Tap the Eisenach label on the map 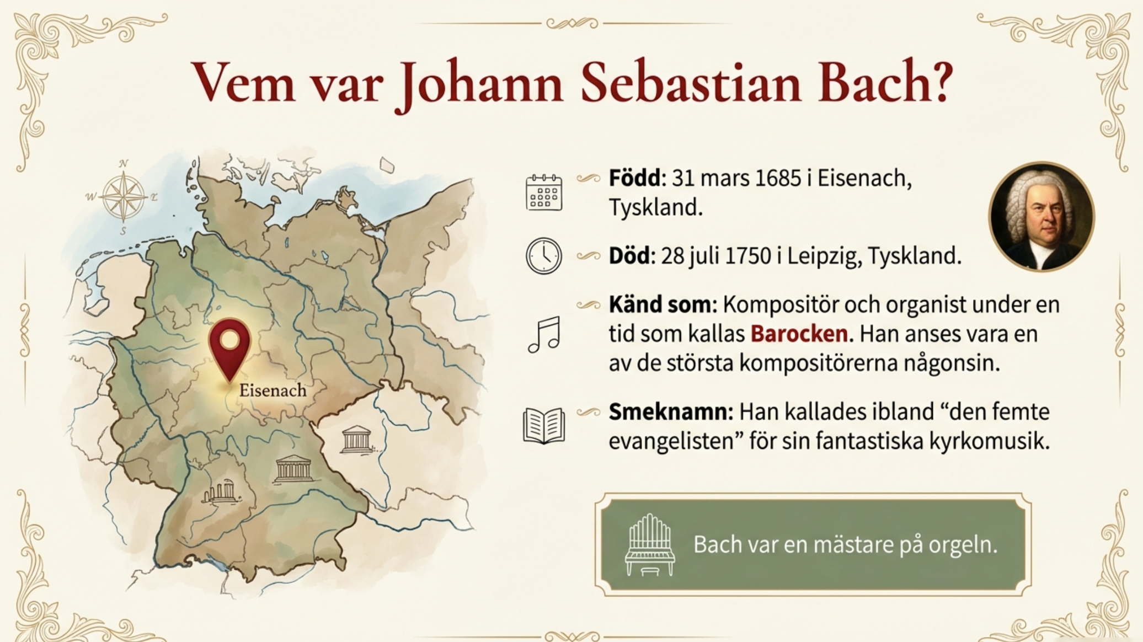(273, 390)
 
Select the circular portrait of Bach (1041, 217)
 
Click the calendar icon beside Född (544, 192)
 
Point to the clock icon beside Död (543, 256)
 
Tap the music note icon (544, 335)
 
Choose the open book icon (544, 426)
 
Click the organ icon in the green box (650, 545)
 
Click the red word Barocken (799, 334)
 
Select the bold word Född (634, 178)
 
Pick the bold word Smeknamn (670, 412)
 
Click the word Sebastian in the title (690, 83)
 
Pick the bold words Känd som (662, 304)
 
